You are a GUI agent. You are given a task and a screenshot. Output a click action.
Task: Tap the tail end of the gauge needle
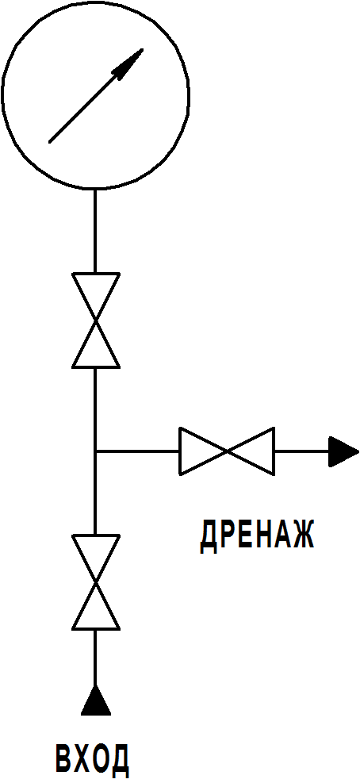(49, 142)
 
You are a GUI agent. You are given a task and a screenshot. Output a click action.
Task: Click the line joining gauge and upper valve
(95, 231)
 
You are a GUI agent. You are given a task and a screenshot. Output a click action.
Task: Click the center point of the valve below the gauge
(96, 320)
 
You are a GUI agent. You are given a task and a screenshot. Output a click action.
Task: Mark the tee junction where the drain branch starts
(95, 451)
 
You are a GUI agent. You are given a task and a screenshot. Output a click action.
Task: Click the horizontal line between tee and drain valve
(138, 451)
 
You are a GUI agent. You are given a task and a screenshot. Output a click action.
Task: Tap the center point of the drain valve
(228, 451)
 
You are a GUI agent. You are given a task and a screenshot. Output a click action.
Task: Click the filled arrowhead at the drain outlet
(343, 451)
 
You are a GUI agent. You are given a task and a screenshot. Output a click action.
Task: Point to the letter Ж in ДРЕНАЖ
(301, 535)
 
